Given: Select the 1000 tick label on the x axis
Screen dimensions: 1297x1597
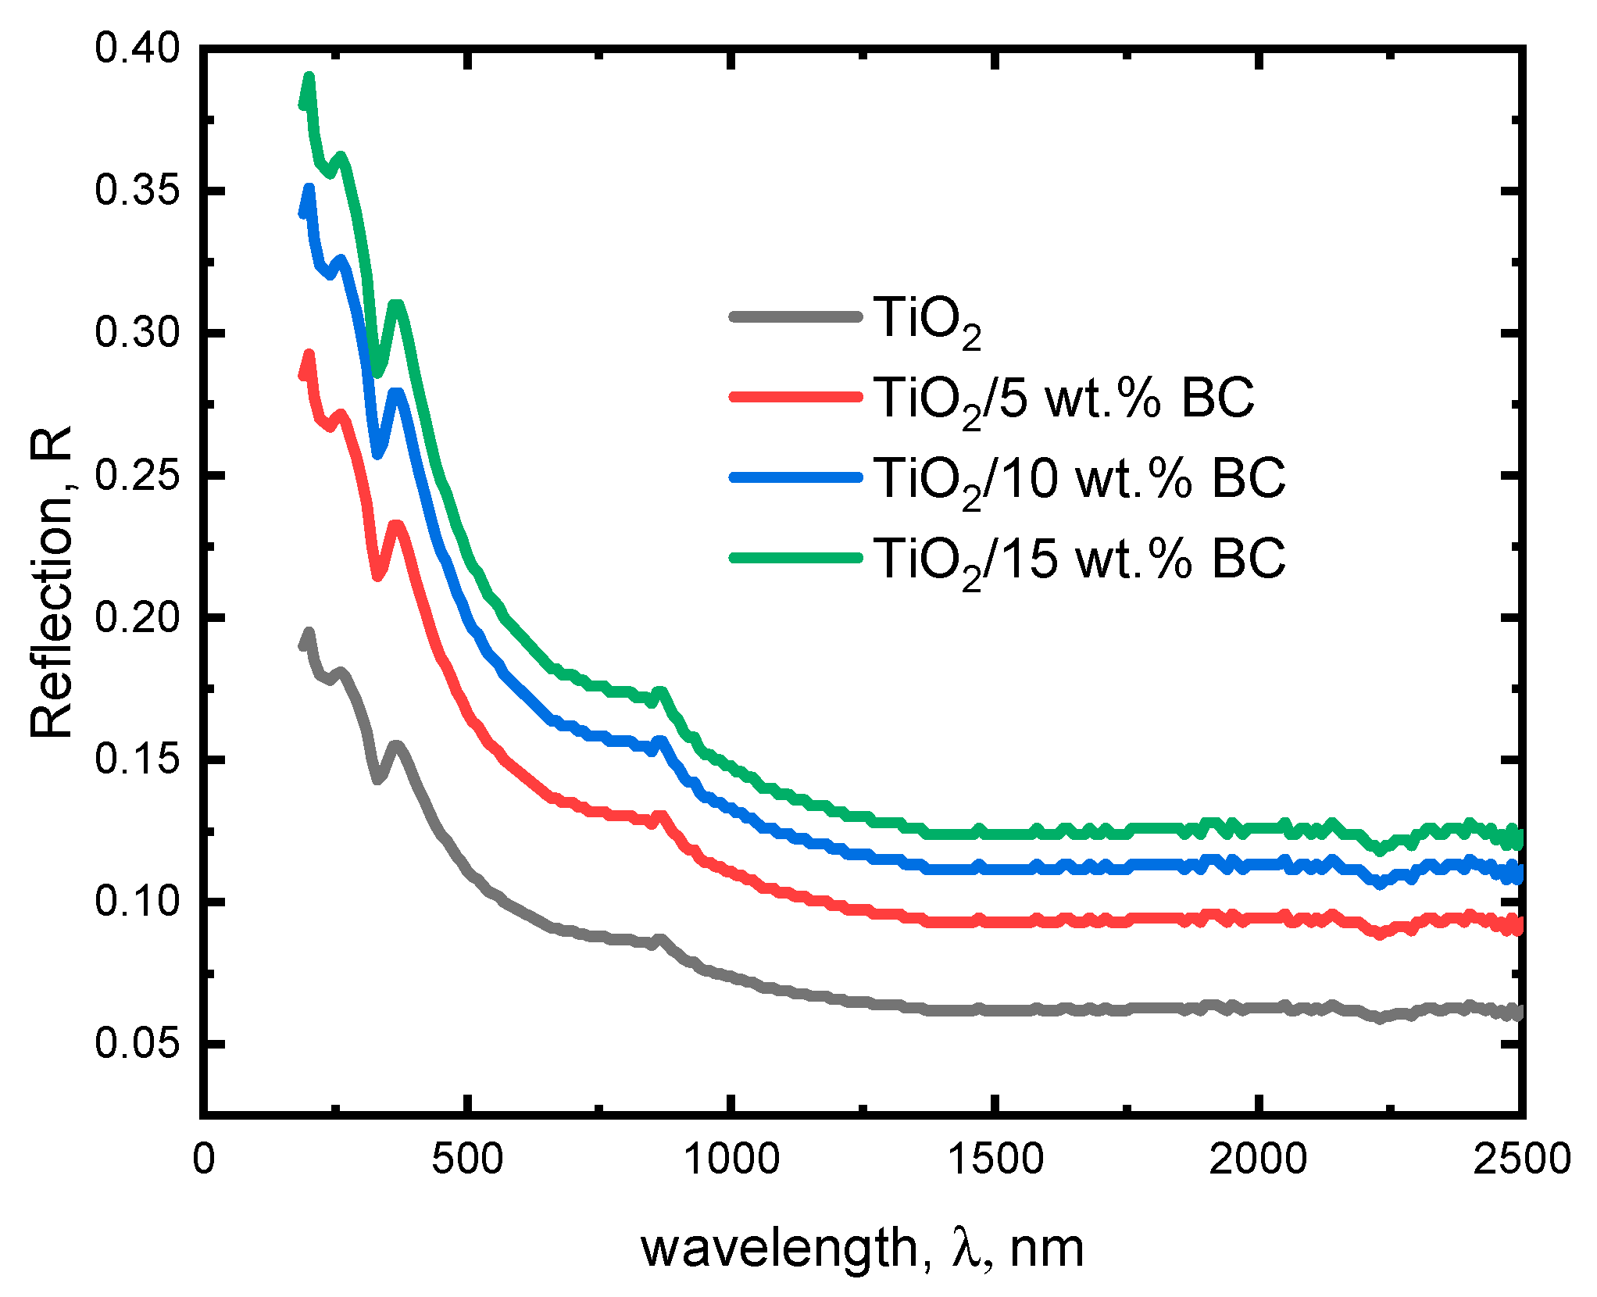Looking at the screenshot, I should [x=731, y=1159].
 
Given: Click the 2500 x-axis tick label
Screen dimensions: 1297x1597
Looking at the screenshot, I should [x=1521, y=1159].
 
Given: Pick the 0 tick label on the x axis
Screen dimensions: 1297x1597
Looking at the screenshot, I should [x=203, y=1159].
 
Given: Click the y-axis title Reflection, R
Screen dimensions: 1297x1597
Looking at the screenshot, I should [x=52, y=582].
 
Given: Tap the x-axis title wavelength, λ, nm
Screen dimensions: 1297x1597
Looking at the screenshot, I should [x=862, y=1247].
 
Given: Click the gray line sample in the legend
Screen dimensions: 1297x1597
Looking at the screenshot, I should [x=795, y=316].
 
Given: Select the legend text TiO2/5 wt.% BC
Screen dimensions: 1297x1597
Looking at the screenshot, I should [x=1063, y=398].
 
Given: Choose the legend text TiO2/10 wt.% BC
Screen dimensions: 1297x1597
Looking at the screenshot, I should [x=1078, y=479].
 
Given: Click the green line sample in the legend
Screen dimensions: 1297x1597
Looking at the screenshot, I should [x=795, y=558].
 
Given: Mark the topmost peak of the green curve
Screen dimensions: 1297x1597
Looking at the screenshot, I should [x=309, y=78].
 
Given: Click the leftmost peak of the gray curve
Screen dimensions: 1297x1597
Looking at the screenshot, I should [x=309, y=632].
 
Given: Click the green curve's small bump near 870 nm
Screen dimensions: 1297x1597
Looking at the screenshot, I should [x=661, y=693].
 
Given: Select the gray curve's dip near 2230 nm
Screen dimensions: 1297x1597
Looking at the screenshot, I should [x=1380, y=1018].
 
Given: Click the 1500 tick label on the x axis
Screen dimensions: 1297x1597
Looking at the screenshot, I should [x=995, y=1159].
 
